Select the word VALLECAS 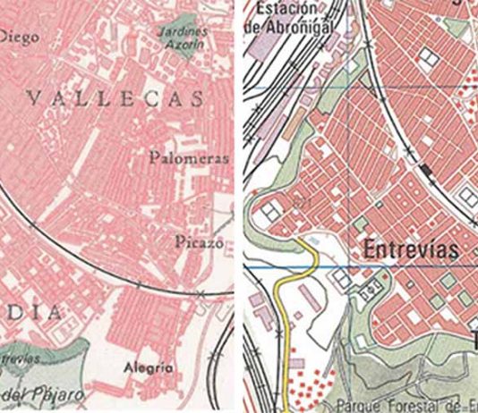114,99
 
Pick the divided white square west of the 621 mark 269,213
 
